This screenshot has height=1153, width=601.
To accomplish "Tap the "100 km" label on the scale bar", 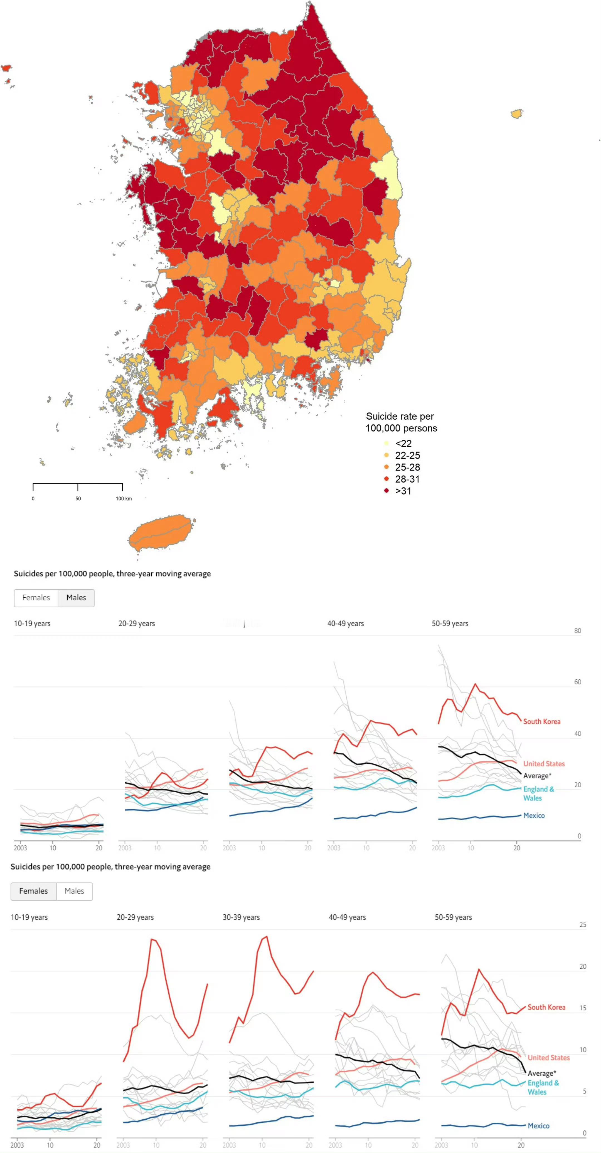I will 124,499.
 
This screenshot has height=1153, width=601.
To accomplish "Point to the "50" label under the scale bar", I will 78,499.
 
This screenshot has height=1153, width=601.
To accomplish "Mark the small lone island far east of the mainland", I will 517,114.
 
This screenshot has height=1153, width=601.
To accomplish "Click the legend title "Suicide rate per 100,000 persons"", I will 401,422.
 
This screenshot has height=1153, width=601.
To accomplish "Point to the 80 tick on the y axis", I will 577,631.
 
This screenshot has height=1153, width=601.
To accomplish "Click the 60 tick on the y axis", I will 577,682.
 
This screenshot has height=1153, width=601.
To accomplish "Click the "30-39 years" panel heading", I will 241,917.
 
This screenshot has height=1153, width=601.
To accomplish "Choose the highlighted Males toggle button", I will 76,598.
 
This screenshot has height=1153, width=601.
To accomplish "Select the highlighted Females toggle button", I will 34,891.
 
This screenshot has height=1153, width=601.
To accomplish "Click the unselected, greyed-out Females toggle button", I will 36,598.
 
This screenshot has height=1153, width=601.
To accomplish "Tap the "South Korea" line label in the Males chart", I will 541,721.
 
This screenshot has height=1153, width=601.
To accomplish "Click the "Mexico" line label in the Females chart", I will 538,1126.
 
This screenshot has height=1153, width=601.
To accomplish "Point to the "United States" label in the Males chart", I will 544,764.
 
